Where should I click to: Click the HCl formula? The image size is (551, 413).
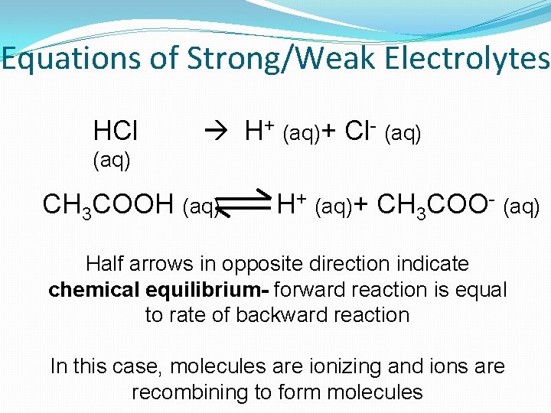pyautogui.click(x=115, y=131)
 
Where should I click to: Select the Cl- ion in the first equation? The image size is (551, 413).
pyautogui.click(x=359, y=131)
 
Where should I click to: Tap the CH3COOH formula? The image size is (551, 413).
pyautogui.click(x=110, y=205)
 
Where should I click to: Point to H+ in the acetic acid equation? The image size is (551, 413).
pyautogui.click(x=292, y=204)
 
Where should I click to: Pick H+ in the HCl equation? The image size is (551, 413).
pyautogui.click(x=259, y=131)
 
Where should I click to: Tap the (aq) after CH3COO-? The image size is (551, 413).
pyautogui.click(x=523, y=206)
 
